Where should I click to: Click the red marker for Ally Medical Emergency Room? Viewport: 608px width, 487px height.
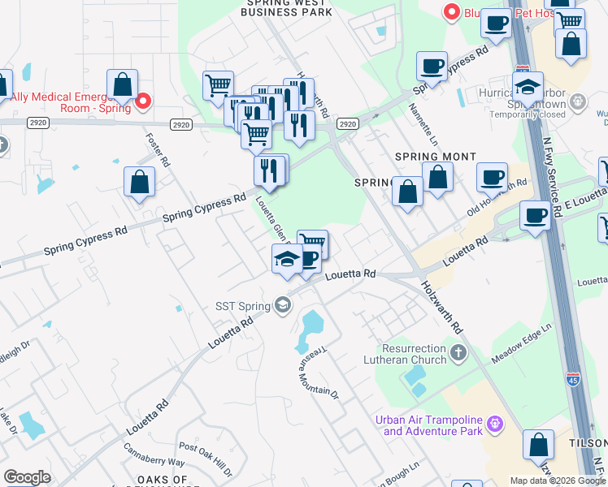tap(143, 101)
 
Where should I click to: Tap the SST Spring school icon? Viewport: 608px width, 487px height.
tap(283, 305)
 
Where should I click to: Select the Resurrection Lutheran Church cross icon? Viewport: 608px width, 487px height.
tap(458, 352)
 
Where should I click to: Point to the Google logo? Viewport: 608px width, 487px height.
tap(27, 477)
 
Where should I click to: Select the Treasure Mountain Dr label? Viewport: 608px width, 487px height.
tap(317, 367)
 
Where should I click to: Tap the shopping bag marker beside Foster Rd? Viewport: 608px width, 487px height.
tap(140, 182)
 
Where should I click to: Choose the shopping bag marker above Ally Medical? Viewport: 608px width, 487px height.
tap(122, 84)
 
